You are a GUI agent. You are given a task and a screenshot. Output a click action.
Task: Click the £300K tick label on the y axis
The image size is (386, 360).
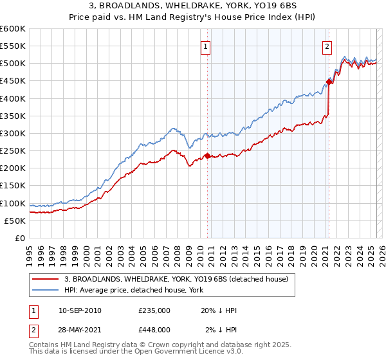coord(12,133)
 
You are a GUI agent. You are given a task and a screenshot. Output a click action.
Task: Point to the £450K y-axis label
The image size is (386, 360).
coord(12,81)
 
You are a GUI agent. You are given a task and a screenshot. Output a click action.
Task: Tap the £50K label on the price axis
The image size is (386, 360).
coord(14,221)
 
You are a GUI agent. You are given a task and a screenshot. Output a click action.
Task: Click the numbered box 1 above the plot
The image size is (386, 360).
coord(205,46)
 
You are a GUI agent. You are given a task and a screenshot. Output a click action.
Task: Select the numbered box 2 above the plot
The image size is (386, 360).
coord(327,46)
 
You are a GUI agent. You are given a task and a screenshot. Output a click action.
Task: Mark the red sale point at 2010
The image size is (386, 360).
coord(207,156)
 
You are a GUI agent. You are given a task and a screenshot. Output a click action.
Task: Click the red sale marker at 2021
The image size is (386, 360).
coord(329,82)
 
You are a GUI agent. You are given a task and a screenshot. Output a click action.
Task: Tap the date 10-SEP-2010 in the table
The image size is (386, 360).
coord(79,310)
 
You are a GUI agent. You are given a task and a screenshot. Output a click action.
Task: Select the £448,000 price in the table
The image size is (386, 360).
coord(154,330)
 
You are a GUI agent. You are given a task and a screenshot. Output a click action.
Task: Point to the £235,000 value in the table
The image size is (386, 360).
coord(154,310)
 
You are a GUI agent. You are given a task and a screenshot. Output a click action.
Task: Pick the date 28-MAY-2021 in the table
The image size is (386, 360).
coord(79,330)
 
